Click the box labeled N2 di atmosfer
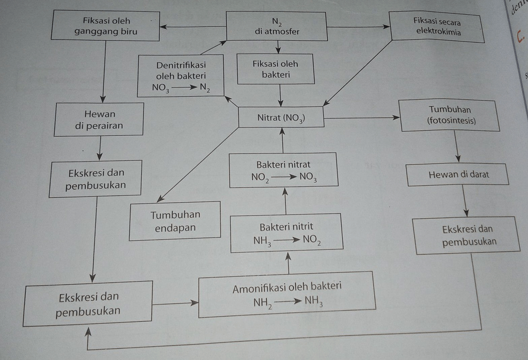(x=277, y=26)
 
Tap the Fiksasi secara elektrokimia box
(x=437, y=27)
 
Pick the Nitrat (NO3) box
(x=281, y=118)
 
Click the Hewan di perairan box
(x=99, y=119)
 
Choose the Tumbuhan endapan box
(x=175, y=221)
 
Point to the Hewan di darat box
(x=458, y=175)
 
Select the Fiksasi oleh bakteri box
(x=276, y=69)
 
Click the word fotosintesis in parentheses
(x=452, y=121)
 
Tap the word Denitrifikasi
(x=181, y=66)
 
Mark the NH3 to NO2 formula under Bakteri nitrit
(x=287, y=240)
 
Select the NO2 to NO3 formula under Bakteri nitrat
(x=284, y=178)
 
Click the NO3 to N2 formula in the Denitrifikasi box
(x=181, y=88)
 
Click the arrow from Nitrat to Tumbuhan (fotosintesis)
(x=361, y=118)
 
